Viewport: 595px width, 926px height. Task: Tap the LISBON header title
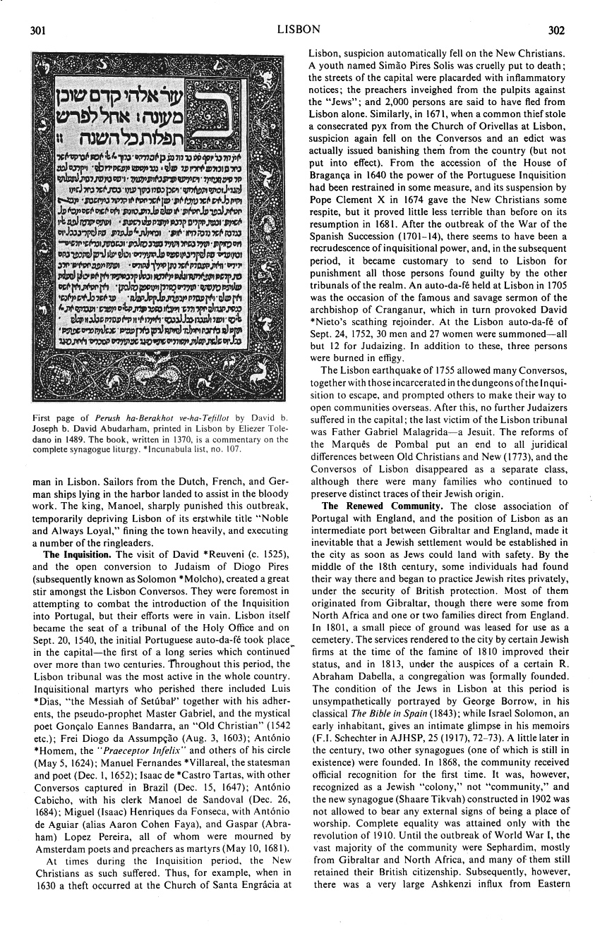(x=299, y=30)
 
